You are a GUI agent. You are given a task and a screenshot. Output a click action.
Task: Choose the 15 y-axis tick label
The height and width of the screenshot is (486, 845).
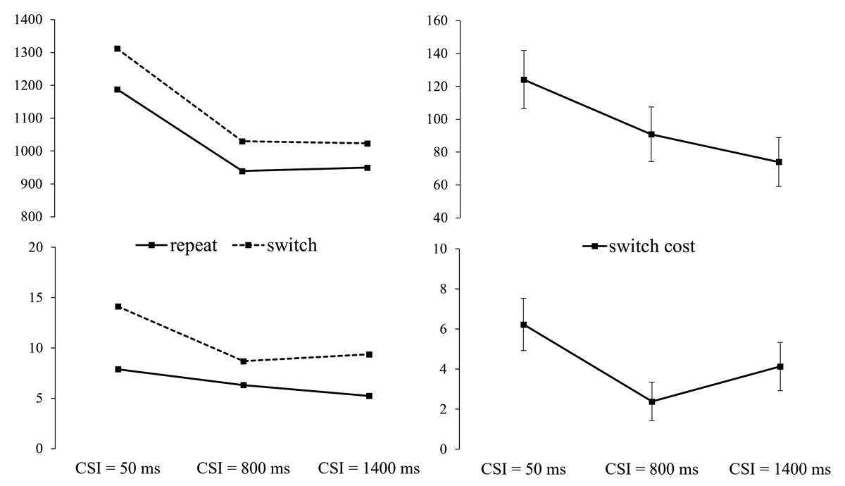35,298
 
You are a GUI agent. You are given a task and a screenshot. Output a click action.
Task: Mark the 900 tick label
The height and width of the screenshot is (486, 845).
32,184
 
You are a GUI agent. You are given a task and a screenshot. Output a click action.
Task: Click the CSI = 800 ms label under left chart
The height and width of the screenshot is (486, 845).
244,468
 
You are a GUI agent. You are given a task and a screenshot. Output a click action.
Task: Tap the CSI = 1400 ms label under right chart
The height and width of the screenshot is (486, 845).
780,469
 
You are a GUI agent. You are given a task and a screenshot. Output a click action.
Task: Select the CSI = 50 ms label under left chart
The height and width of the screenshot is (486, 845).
118,468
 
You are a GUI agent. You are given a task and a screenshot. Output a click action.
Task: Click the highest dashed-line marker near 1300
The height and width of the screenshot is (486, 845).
118,49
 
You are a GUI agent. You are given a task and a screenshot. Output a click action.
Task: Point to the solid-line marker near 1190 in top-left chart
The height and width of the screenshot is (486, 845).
118,89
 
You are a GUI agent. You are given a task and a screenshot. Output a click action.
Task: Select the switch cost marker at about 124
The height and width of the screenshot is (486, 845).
524,80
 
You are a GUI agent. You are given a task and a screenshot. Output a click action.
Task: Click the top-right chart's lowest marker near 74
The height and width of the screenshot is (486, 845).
779,162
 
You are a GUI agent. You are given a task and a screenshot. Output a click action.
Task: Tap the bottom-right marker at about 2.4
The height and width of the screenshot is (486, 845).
652,401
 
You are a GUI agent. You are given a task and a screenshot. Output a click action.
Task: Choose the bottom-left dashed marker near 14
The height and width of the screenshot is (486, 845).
118,306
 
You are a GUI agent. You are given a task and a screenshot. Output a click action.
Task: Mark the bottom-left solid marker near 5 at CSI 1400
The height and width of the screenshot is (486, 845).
369,396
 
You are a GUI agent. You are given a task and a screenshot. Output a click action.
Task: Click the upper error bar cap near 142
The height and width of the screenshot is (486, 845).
524,51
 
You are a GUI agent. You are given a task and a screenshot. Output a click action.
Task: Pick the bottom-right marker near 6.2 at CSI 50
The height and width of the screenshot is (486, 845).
524,325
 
